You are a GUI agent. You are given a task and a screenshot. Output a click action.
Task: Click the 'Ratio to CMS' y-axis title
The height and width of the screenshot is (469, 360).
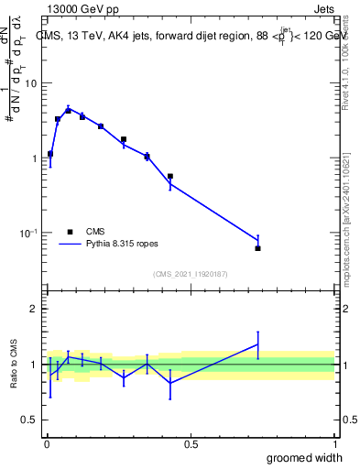click(x=14, y=364)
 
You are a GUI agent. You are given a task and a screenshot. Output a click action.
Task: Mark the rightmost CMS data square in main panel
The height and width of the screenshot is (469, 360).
click(x=257, y=248)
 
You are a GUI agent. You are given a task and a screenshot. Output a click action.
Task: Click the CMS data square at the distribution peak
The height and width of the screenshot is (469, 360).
click(x=68, y=111)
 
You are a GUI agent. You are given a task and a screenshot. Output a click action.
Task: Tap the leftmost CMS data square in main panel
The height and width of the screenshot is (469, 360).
click(x=50, y=154)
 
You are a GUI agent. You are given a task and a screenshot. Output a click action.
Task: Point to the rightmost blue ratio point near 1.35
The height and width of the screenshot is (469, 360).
click(x=257, y=344)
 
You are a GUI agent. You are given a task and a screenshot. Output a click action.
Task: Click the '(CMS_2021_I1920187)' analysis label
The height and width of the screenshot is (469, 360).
click(x=190, y=274)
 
